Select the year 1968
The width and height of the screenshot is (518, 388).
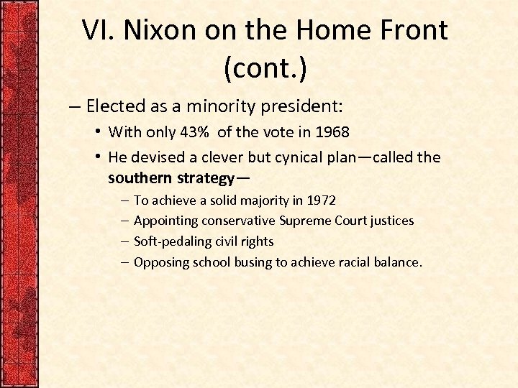(x=332, y=132)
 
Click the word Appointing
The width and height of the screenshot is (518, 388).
(x=165, y=221)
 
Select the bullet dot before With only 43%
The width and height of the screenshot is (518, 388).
(x=98, y=132)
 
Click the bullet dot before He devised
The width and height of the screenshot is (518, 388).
(x=98, y=157)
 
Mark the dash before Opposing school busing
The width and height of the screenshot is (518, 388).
(x=125, y=262)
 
